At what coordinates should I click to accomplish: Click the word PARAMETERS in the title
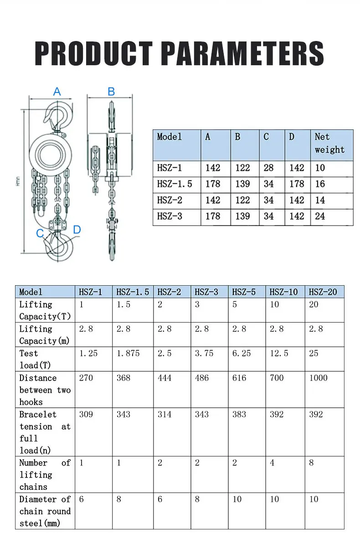(242, 53)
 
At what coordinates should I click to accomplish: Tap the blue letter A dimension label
(57, 92)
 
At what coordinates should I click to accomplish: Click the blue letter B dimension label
(111, 92)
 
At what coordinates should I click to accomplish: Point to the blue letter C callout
(40, 233)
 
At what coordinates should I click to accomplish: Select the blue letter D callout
(77, 229)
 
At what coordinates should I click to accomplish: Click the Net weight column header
(329, 143)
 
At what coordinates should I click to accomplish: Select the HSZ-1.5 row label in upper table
(175, 184)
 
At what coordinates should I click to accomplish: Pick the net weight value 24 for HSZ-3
(320, 216)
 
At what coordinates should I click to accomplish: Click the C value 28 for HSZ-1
(268, 168)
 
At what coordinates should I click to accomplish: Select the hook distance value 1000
(318, 378)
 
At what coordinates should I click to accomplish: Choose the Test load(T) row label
(35, 359)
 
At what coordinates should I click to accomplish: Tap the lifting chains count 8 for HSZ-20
(312, 462)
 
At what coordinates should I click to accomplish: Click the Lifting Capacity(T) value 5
(235, 304)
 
